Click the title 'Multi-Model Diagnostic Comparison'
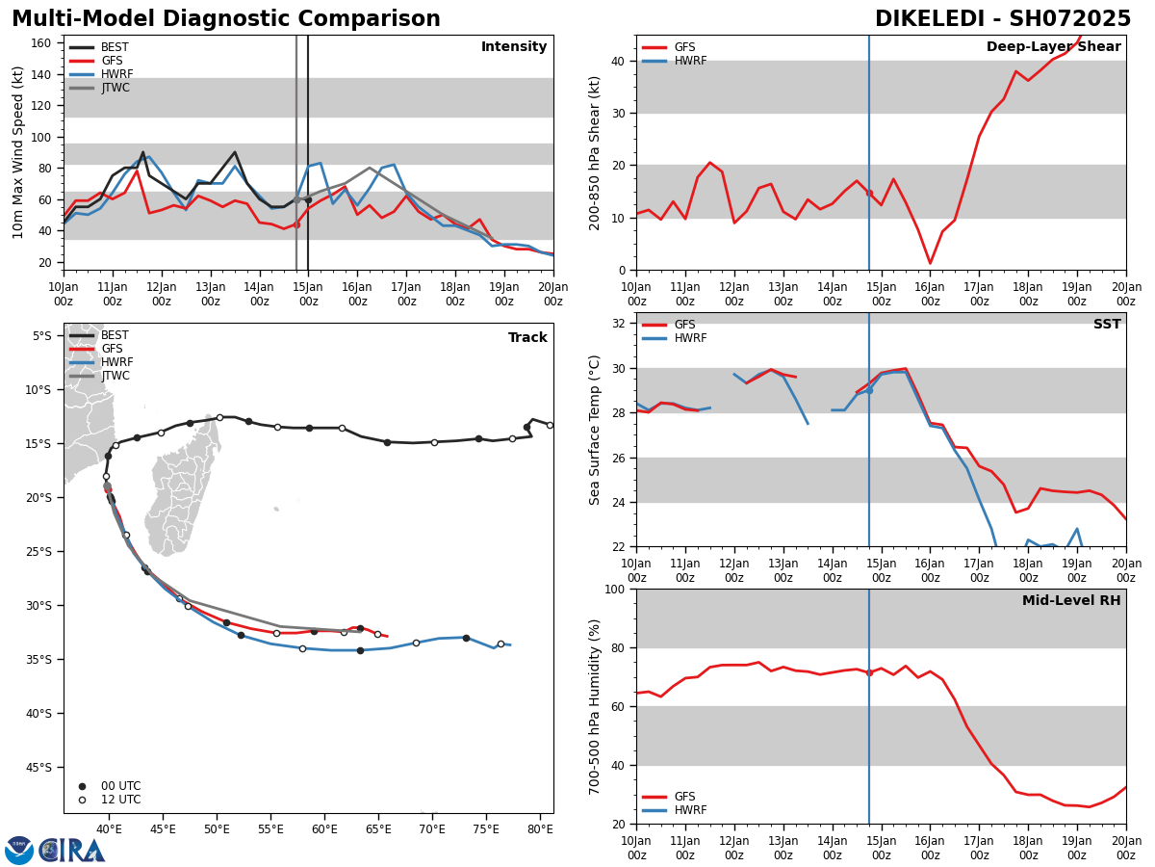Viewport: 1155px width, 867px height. click(x=225, y=19)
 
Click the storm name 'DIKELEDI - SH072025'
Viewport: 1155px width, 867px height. click(x=1002, y=19)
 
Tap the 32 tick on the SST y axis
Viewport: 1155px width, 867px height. click(x=620, y=324)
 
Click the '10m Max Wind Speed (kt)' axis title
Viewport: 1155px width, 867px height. click(x=17, y=152)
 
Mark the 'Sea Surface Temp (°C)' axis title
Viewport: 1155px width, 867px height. click(x=595, y=430)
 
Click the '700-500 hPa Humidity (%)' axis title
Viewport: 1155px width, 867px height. click(x=595, y=706)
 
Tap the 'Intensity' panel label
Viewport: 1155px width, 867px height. click(x=513, y=47)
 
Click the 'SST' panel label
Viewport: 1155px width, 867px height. click(x=1106, y=325)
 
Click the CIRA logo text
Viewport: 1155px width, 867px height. click(x=73, y=851)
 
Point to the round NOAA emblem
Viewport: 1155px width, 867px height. click(x=19, y=851)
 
